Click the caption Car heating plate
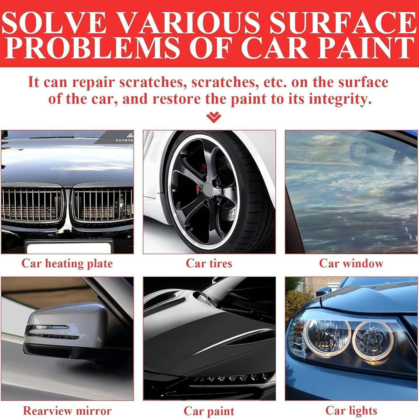[67, 263]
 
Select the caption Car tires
[209, 263]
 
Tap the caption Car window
[351, 263]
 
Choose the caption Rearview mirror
[67, 411]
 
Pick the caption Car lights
[351, 411]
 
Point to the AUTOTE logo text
[124, 140]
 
